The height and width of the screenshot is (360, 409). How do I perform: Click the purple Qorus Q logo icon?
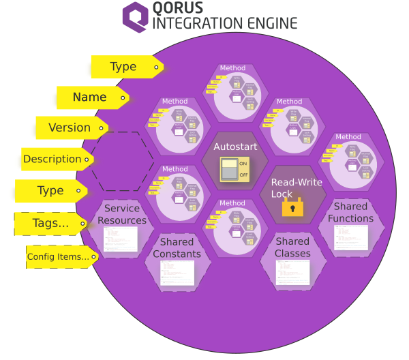tap(136, 16)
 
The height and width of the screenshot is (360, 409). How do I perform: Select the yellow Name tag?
tap(90, 97)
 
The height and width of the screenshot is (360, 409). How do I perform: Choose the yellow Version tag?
tap(70, 127)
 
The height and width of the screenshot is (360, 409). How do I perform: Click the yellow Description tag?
tap(53, 159)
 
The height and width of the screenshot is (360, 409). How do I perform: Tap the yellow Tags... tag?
tap(51, 222)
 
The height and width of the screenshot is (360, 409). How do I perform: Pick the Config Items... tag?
tap(59, 257)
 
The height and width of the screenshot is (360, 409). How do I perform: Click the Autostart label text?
tap(233, 147)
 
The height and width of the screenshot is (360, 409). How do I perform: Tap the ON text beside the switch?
tap(243, 164)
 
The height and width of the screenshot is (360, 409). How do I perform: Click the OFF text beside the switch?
tap(243, 175)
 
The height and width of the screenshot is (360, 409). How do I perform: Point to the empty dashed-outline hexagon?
tap(123, 162)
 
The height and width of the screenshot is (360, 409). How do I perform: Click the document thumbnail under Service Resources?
tap(121, 239)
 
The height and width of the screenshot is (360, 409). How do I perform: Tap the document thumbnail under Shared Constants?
tap(177, 272)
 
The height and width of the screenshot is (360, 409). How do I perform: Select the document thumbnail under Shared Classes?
tap(293, 271)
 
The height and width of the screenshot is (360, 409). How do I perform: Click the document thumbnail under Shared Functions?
tap(351, 237)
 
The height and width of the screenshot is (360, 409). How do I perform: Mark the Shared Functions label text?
tap(351, 212)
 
